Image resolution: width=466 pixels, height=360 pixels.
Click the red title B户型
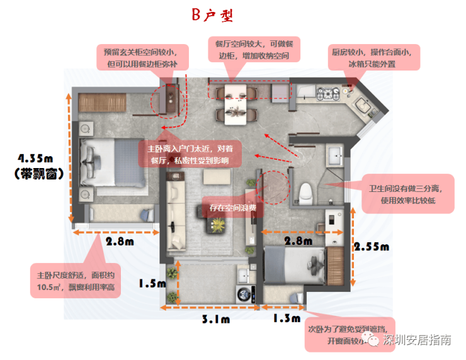[212, 15]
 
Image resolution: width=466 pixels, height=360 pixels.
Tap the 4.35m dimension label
[35, 159]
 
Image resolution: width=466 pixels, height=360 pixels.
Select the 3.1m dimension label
[216, 319]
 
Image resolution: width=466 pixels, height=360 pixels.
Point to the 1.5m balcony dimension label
[152, 283]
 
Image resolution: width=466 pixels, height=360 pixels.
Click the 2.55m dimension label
[372, 247]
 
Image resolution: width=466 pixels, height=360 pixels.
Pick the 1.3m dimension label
[287, 318]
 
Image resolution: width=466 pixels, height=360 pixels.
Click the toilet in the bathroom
[305, 194]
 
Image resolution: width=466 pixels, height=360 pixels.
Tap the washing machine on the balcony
[246, 295]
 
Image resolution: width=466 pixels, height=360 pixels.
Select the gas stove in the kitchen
[328, 93]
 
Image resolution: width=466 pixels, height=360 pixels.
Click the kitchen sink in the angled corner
[363, 104]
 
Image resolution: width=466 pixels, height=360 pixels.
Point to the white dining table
[236, 104]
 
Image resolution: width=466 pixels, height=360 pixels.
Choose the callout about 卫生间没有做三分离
[408, 194]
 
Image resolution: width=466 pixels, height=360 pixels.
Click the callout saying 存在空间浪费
[232, 207]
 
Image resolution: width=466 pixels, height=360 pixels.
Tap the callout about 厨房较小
[374, 58]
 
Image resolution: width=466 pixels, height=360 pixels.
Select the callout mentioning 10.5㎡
[76, 281]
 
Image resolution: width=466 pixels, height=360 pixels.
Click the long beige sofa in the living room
[176, 211]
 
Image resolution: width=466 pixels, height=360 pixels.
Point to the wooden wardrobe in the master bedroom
[102, 103]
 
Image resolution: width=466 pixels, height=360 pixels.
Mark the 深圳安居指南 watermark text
[417, 340]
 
